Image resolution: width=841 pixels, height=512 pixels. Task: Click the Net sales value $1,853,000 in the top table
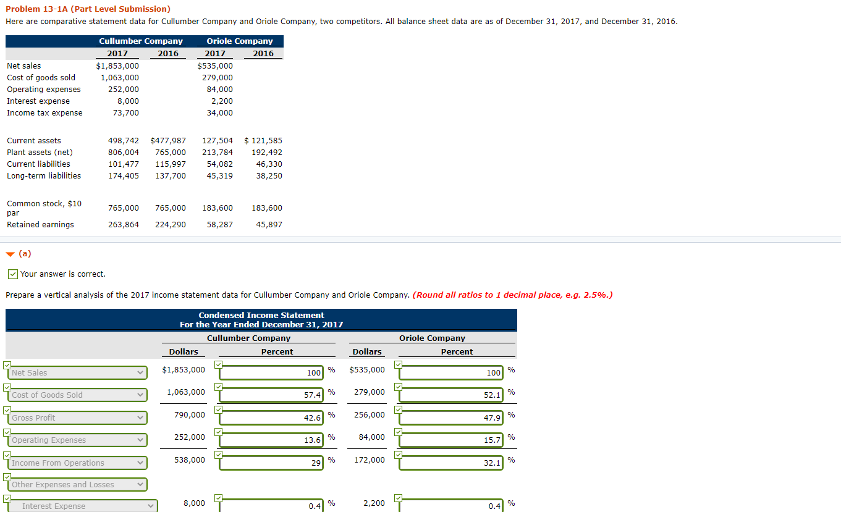(117, 65)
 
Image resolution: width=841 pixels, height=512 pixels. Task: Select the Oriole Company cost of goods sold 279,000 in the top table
(218, 77)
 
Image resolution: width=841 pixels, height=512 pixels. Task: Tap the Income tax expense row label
(44, 112)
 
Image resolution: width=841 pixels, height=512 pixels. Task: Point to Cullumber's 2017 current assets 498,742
(124, 140)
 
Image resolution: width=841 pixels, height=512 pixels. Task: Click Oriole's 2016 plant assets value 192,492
(267, 152)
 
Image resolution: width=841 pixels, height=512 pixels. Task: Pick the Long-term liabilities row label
(44, 175)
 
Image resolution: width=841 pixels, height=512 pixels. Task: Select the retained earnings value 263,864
(124, 224)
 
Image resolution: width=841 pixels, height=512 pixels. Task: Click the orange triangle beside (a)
(10, 254)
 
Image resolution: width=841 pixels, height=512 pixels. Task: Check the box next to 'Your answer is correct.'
(12, 274)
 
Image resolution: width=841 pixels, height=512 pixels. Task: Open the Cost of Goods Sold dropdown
(78, 395)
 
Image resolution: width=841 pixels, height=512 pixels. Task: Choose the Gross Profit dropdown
(78, 418)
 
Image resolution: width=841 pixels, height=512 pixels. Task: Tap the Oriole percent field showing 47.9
(450, 418)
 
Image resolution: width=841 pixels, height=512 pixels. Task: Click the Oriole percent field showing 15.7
(450, 440)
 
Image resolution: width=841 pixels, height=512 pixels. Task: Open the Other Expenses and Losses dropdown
(78, 485)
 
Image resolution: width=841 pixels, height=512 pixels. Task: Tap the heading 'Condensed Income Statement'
(261, 315)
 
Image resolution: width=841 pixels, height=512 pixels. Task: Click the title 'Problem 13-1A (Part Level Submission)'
(88, 9)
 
